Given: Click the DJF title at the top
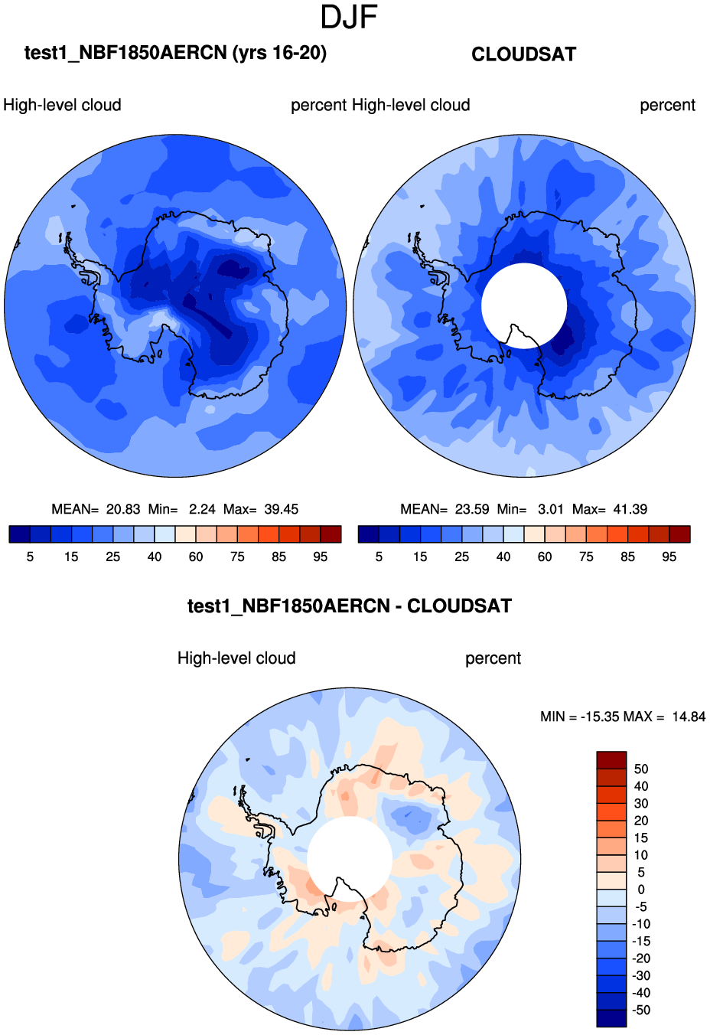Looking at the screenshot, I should click(x=349, y=18).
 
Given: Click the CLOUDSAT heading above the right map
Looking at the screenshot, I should click(x=523, y=54).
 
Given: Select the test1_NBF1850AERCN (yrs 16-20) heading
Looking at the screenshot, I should click(x=175, y=53).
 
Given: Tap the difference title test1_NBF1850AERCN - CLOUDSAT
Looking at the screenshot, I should click(x=350, y=606).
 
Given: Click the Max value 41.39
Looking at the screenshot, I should click(x=630, y=509).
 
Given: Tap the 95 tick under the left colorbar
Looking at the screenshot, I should click(x=321, y=557).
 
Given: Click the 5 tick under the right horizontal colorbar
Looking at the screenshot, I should click(x=379, y=557).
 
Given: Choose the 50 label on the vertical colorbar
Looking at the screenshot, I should click(x=641, y=769).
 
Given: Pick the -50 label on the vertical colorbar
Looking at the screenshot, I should click(x=641, y=1010).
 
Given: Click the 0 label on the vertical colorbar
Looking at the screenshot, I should click(x=641, y=890).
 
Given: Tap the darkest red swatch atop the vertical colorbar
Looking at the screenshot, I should click(x=611, y=760).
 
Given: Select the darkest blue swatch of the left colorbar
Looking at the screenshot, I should click(x=19, y=534).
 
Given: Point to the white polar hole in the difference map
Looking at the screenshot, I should click(x=350, y=854).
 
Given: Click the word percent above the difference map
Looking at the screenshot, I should click(x=493, y=658).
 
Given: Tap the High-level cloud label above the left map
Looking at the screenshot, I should click(x=62, y=105).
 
